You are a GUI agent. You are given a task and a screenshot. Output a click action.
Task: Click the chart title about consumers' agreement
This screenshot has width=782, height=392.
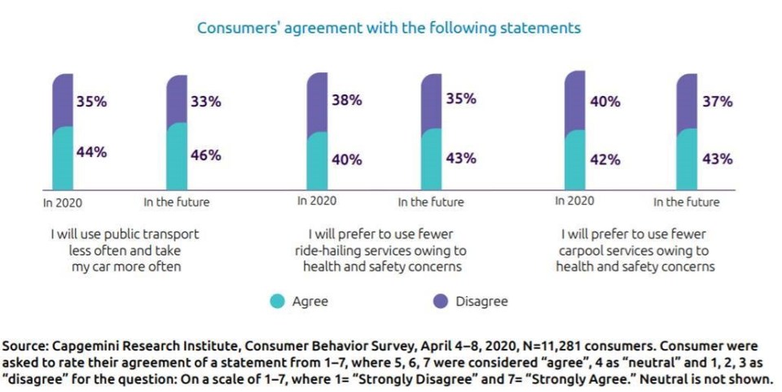tap(389, 28)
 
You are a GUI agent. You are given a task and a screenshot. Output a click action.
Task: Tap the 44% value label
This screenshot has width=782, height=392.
tap(91, 151)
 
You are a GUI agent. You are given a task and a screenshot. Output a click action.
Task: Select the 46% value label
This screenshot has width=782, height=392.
tap(204, 155)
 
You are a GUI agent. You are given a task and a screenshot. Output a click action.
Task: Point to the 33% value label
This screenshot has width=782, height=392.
tap(204, 104)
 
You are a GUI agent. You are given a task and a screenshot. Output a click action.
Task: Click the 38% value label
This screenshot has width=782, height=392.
tap(346, 101)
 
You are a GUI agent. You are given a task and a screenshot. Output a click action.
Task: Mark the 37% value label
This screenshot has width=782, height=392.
tap(717, 102)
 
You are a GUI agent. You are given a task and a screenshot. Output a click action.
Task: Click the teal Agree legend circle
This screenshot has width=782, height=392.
tap(278, 302)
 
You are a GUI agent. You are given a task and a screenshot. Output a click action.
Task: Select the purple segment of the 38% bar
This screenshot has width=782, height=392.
tap(316, 102)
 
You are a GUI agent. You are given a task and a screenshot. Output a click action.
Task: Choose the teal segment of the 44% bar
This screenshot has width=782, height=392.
tap(63, 158)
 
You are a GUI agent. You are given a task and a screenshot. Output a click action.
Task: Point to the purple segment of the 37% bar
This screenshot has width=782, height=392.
tap(687, 101)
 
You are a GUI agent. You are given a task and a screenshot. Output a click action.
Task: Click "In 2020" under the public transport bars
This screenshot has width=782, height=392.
tap(63, 201)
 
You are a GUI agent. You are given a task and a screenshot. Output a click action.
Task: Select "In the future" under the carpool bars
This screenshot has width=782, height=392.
tap(687, 201)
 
